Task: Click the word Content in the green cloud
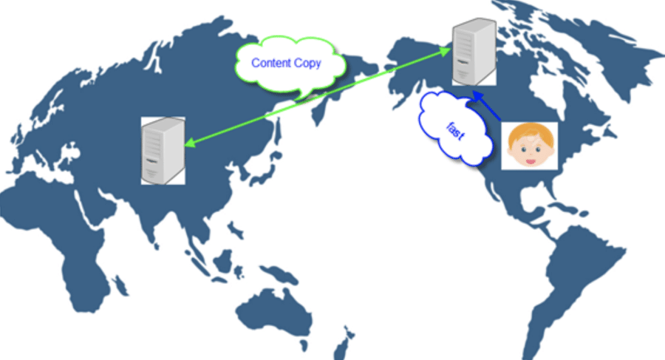click(x=271, y=63)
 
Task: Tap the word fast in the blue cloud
click(x=456, y=131)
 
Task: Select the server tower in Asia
click(x=163, y=151)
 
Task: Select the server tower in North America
click(x=474, y=51)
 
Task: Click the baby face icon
click(x=530, y=146)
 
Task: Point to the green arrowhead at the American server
click(x=445, y=52)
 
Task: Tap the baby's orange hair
click(x=530, y=132)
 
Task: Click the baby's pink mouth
click(x=530, y=161)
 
